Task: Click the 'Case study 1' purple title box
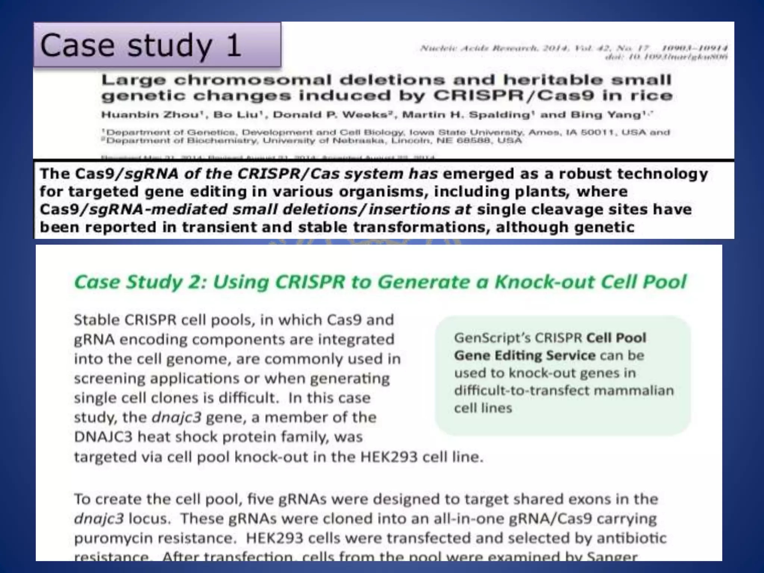[x=157, y=45]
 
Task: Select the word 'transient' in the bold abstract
[x=220, y=227]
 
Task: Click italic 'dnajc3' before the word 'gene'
[x=176, y=417]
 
